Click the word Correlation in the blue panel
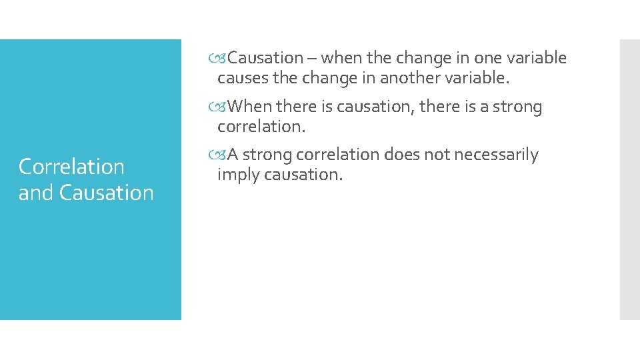(71, 167)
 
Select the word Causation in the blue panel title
(106, 193)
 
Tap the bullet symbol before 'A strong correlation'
(222, 155)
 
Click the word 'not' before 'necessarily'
(438, 155)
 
